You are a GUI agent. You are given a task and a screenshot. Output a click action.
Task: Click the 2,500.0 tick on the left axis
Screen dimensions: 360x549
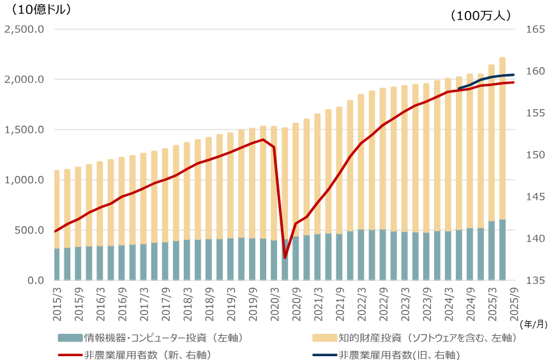coord(24,29)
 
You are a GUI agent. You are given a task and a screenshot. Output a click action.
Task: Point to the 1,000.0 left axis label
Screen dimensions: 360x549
coord(24,180)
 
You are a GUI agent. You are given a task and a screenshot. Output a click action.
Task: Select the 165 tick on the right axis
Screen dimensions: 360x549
coord(534,29)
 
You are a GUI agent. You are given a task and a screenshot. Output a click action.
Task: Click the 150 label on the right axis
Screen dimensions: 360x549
coord(534,155)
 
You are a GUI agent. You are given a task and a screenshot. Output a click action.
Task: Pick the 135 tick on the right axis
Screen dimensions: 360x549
coord(534,280)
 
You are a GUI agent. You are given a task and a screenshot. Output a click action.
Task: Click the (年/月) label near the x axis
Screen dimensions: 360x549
coord(533,324)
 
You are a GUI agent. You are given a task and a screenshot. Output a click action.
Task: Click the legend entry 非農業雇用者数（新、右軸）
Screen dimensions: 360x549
coord(147,354)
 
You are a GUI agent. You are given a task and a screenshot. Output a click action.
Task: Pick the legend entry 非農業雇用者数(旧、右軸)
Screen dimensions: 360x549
coord(399,354)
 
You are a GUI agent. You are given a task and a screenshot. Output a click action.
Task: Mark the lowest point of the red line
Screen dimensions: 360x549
coord(285,258)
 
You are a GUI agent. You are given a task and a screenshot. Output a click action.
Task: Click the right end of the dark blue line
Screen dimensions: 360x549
coord(513,75)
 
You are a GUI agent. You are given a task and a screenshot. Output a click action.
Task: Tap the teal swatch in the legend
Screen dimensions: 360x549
coord(70,338)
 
